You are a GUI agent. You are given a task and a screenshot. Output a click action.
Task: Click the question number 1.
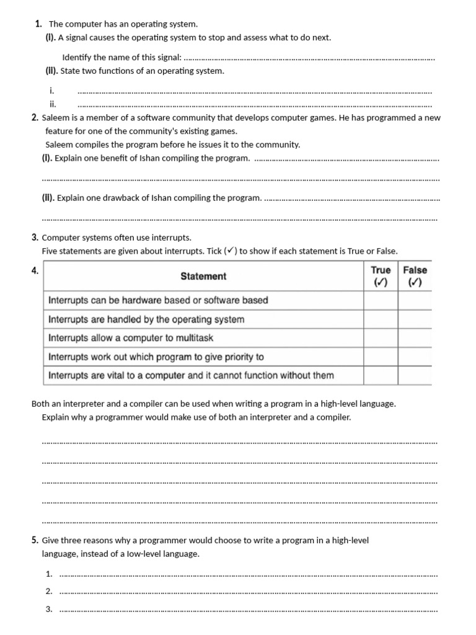pos(38,24)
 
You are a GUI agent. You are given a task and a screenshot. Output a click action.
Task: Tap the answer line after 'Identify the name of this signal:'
pos(310,58)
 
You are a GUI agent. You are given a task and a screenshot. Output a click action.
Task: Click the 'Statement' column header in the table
pos(203,277)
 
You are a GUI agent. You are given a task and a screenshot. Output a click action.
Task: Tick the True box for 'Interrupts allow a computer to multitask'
pos(381,338)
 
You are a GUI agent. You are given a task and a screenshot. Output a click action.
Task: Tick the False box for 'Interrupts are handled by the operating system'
pos(415,319)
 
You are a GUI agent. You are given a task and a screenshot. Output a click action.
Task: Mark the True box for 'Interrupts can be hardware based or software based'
pos(381,300)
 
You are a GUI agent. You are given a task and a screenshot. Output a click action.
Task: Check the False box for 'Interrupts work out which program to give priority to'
pos(415,357)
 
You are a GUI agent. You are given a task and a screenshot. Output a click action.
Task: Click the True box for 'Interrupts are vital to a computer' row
pos(381,375)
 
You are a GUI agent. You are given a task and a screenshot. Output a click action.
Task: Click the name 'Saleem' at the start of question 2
pos(55,118)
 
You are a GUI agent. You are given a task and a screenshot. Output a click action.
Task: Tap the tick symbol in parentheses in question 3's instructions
pos(230,251)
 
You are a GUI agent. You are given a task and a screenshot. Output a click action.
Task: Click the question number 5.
pos(35,540)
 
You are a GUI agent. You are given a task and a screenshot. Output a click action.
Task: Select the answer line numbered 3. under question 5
pos(248,610)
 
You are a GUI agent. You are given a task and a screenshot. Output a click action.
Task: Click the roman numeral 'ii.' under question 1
pos(53,104)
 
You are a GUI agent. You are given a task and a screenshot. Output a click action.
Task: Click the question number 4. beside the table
pos(35,270)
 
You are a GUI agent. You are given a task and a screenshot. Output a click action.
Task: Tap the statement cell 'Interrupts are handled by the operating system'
pos(146,319)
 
